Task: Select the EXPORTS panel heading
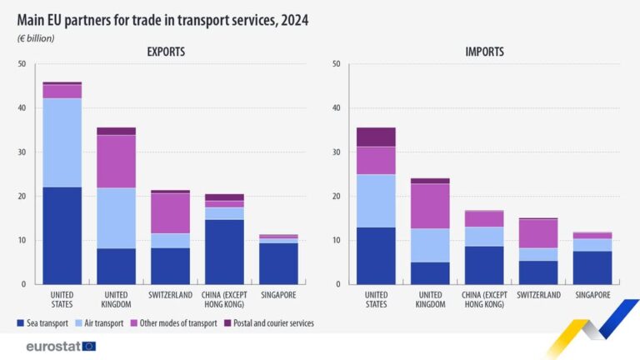pyautogui.click(x=166, y=52)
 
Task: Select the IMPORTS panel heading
pyautogui.click(x=484, y=52)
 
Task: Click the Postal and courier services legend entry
pyautogui.click(x=271, y=322)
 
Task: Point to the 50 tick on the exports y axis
pyautogui.click(x=21, y=64)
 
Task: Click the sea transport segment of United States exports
pyautogui.click(x=62, y=235)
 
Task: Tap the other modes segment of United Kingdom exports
pyautogui.click(x=116, y=161)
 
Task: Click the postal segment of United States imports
pyautogui.click(x=376, y=137)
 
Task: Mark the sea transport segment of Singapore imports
pyautogui.click(x=592, y=267)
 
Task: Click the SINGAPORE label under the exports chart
pyautogui.click(x=277, y=295)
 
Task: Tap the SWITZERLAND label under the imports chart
pyautogui.click(x=537, y=295)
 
